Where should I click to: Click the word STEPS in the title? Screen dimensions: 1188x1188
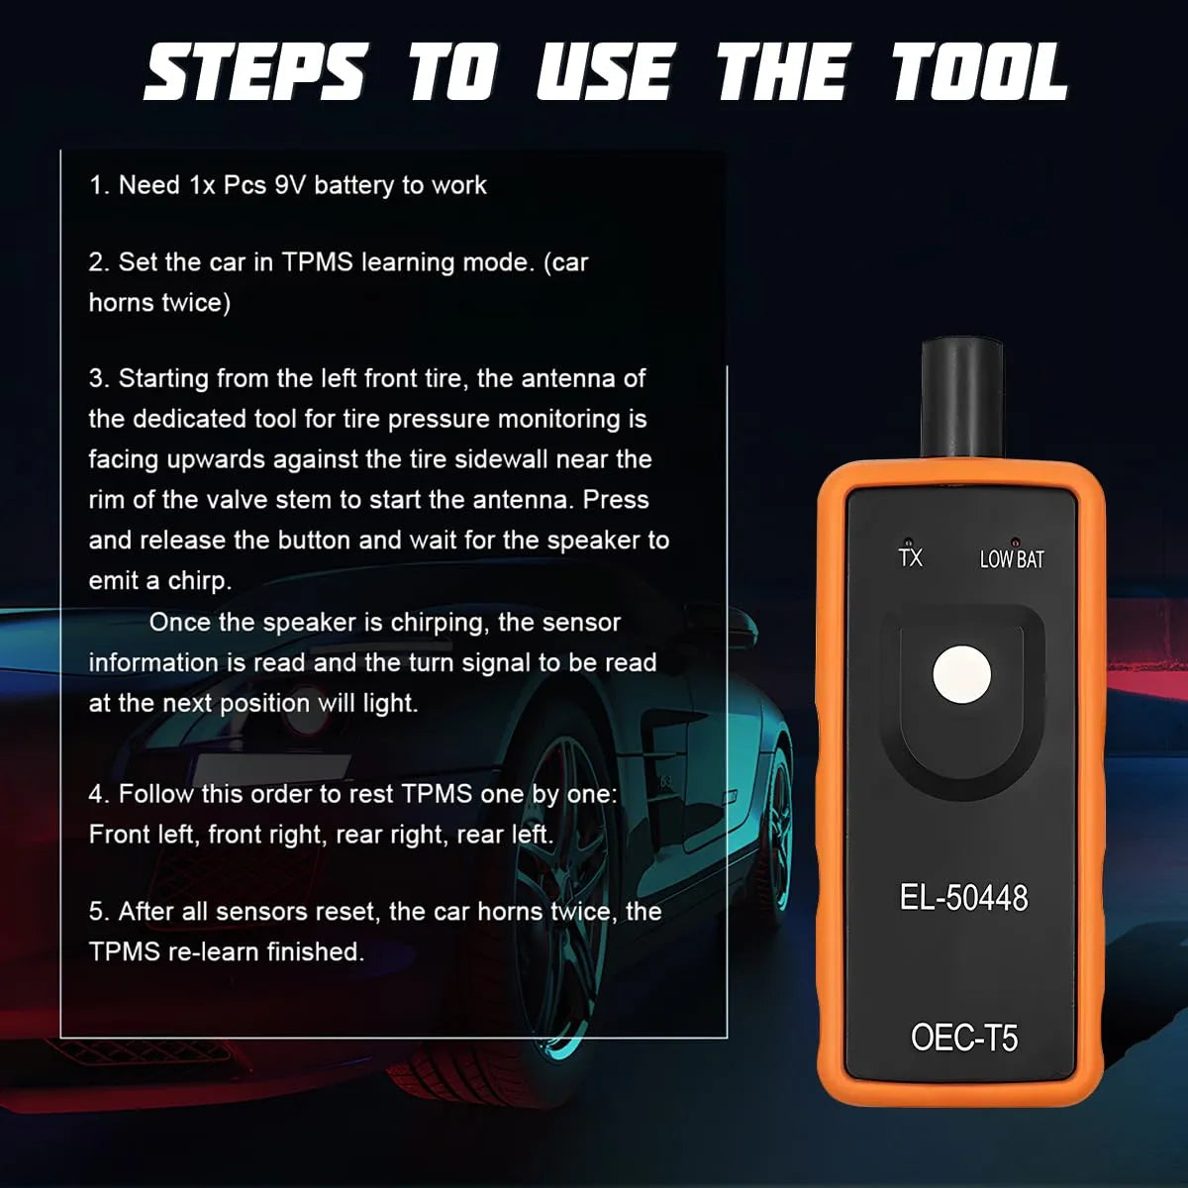[254, 74]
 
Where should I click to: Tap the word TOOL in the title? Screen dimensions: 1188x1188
[978, 74]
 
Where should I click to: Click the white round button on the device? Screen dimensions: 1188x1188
[961, 675]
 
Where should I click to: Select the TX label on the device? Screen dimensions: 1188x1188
[910, 557]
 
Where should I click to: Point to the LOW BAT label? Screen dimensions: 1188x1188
[1012, 559]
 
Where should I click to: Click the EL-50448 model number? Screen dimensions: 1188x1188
[963, 898]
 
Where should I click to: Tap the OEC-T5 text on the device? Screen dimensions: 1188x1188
[963, 1038]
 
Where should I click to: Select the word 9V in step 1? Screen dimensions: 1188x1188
[290, 185]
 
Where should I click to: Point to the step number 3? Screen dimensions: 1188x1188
[97, 378]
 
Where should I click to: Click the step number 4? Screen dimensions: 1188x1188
[97, 794]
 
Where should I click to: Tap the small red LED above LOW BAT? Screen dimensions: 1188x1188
[1015, 543]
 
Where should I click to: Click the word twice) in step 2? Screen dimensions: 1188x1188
[194, 303]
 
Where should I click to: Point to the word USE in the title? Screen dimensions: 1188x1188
[604, 74]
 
